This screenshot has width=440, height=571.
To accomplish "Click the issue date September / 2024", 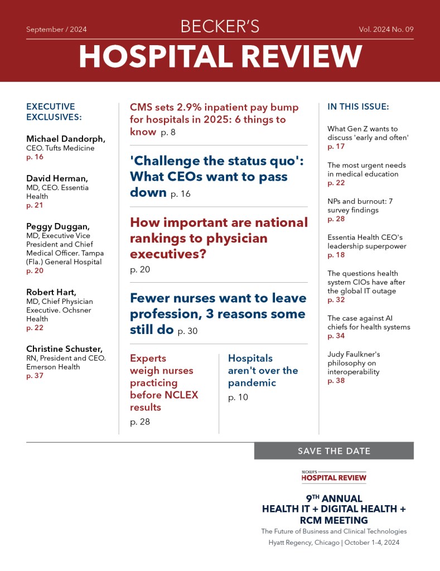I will point(56,30).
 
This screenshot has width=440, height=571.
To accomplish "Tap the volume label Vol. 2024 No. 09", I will point(386,30).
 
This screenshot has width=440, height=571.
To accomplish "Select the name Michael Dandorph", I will point(66,139).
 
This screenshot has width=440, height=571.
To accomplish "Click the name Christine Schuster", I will point(63,349).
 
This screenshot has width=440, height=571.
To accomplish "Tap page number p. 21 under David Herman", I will point(35,205).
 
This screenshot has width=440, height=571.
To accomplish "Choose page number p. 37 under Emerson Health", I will point(35,376).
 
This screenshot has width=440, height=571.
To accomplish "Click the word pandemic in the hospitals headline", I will point(252,383).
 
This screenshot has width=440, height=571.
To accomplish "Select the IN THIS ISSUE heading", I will point(358,107).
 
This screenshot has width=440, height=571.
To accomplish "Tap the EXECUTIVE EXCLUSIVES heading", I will point(54,112).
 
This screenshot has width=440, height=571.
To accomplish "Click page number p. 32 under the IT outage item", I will point(336,299).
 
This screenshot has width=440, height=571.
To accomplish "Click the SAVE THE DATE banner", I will point(333,451).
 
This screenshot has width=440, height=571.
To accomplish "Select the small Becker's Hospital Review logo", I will point(333,476).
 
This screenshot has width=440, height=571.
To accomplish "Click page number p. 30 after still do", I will point(187,331).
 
